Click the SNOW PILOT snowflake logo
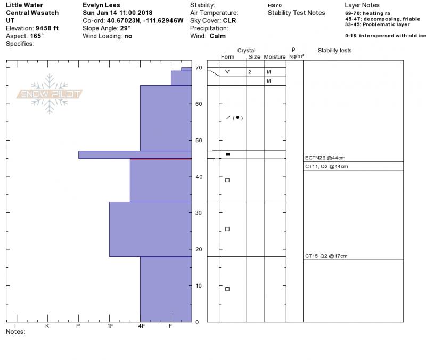[x=49, y=94]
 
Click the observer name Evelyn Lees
[x=101, y=5]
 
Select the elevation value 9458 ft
[x=47, y=28]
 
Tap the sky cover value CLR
[x=230, y=21]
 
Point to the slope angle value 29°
[x=125, y=28]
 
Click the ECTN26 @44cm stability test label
[x=325, y=158]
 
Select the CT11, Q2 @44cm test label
[x=326, y=166]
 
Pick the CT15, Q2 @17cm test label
[x=326, y=256]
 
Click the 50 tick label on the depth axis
[x=199, y=141]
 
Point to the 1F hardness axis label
[x=110, y=326]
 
